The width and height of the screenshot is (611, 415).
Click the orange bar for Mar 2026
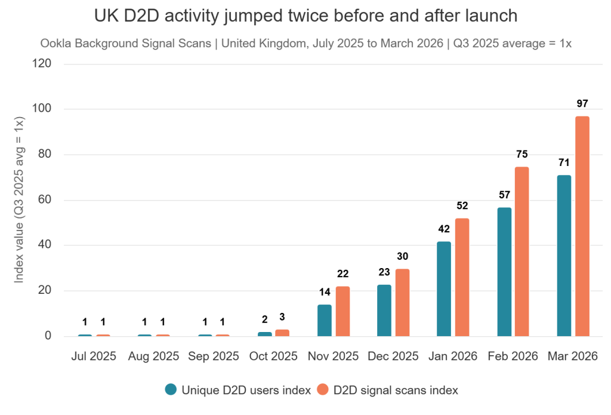582,226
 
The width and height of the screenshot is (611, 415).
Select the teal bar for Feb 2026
504,272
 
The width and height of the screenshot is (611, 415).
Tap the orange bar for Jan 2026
462,277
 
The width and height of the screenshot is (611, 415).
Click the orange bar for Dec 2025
402,302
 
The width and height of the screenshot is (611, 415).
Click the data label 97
582,104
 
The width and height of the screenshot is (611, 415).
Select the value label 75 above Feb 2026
522,154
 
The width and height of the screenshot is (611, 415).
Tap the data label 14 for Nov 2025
325,292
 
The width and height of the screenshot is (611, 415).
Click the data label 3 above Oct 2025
282,317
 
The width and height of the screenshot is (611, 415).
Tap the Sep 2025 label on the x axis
214,356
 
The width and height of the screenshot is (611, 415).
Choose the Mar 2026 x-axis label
573,356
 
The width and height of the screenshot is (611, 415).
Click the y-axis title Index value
19,200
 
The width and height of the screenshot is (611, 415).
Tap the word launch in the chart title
487,16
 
